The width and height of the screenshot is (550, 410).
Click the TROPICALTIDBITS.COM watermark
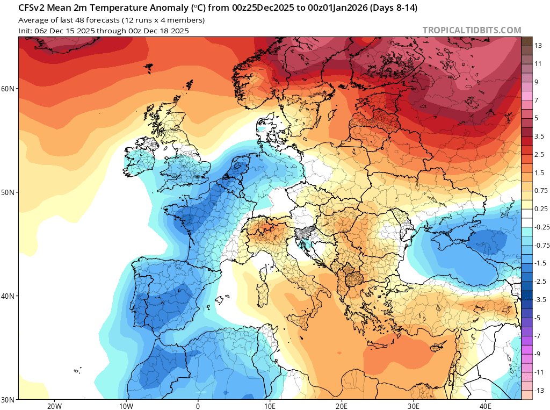[x=472, y=31]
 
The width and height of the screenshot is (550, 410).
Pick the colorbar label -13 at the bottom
[x=539, y=390]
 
